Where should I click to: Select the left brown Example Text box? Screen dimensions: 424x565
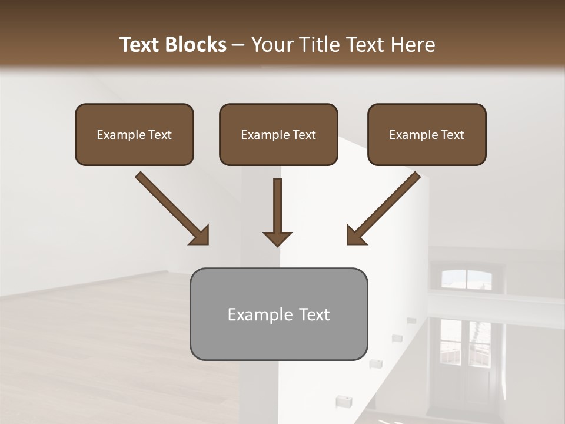pos(134,135)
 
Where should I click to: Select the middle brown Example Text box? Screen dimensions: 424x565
pos(278,135)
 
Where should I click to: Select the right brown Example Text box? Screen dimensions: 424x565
pos(427,135)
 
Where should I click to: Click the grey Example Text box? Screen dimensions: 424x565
pos(278,314)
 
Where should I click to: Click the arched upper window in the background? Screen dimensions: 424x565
pos(466,279)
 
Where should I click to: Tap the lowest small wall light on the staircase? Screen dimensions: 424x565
pos(341,402)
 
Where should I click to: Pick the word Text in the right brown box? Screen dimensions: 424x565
pos(453,135)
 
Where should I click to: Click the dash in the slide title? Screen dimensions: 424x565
pos(238,45)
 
